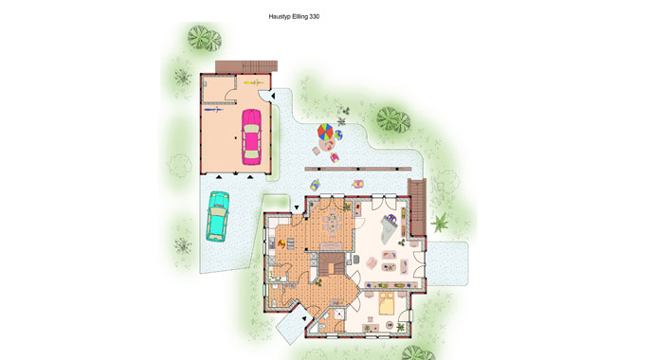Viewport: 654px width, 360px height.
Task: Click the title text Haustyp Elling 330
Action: pyautogui.click(x=294, y=17)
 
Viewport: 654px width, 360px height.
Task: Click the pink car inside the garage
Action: pyautogui.click(x=251, y=136)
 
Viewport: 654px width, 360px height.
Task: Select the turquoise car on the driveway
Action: pyautogui.click(x=218, y=216)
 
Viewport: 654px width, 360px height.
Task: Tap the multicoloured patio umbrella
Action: pyautogui.click(x=325, y=132)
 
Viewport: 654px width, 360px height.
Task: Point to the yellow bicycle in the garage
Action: pyautogui.click(x=251, y=82)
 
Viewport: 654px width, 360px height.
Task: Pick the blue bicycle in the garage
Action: pyautogui.click(x=213, y=110)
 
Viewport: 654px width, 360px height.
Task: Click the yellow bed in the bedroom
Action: pyautogui.click(x=386, y=303)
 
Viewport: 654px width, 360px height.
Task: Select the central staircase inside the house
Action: pyautogui.click(x=332, y=264)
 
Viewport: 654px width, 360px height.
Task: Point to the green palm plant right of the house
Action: pyautogui.click(x=439, y=223)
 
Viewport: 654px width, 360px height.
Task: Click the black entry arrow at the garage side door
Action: pyautogui.click(x=273, y=97)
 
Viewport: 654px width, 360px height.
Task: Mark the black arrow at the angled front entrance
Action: pyautogui.click(x=304, y=318)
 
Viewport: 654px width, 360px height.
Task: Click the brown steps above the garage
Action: pyautogui.click(x=246, y=66)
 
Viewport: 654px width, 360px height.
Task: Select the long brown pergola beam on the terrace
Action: pyautogui.click(x=358, y=170)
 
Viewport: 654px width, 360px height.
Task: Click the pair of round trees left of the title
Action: pyautogui.click(x=205, y=38)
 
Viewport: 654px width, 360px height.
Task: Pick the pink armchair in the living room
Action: pyautogui.click(x=371, y=263)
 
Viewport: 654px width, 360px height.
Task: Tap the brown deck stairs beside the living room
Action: pyautogui.click(x=417, y=207)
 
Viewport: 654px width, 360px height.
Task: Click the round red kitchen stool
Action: pyautogui.click(x=282, y=243)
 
